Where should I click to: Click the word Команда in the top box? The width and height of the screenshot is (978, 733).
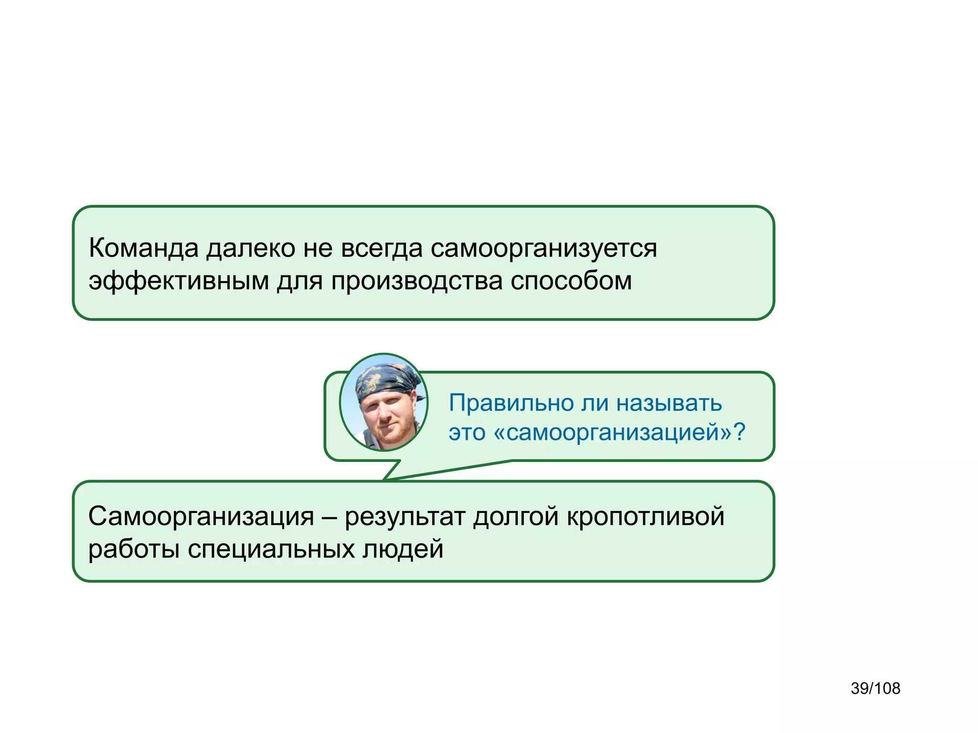[143, 248]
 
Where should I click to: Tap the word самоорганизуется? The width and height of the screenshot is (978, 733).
[543, 249]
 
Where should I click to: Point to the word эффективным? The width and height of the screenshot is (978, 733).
[179, 281]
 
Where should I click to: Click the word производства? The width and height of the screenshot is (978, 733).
[416, 281]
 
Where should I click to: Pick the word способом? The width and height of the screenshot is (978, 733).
[571, 281]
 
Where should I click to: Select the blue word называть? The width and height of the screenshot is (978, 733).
[669, 403]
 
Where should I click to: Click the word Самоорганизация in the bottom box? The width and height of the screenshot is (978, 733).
[201, 517]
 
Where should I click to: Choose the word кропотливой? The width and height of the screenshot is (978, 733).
[645, 517]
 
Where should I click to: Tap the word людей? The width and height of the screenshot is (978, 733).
[403, 549]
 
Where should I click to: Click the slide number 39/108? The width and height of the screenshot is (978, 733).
[875, 689]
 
